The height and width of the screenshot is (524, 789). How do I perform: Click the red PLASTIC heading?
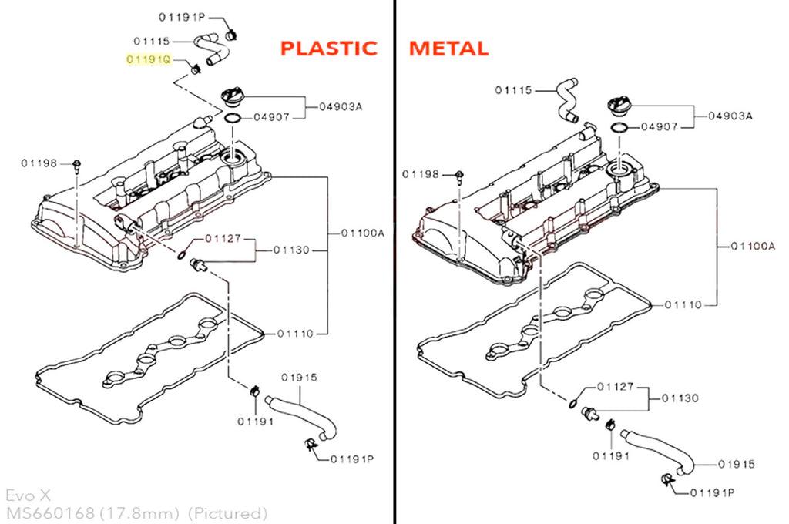328,49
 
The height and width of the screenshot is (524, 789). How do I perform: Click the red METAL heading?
448,49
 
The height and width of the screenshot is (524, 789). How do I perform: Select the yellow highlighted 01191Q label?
149,59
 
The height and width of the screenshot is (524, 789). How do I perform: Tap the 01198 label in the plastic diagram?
39,163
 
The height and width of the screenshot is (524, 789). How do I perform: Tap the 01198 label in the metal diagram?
421,174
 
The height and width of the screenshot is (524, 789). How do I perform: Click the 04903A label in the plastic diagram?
341,106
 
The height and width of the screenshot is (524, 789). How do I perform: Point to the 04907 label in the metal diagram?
660,127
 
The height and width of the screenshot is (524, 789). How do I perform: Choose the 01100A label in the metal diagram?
753,246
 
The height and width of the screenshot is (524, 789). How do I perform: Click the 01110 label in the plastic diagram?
295,333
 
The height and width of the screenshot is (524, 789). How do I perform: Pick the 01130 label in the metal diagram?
680,398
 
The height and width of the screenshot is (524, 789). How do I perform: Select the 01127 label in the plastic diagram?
223,238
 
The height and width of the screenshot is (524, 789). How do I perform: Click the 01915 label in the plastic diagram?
300,378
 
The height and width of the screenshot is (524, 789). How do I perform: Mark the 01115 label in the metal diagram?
513,90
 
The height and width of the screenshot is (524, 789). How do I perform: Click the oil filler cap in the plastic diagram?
233,96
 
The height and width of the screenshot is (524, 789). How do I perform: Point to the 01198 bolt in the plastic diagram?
77,166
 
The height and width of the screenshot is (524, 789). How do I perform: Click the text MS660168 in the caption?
50,513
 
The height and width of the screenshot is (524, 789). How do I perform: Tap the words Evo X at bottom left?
29,495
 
